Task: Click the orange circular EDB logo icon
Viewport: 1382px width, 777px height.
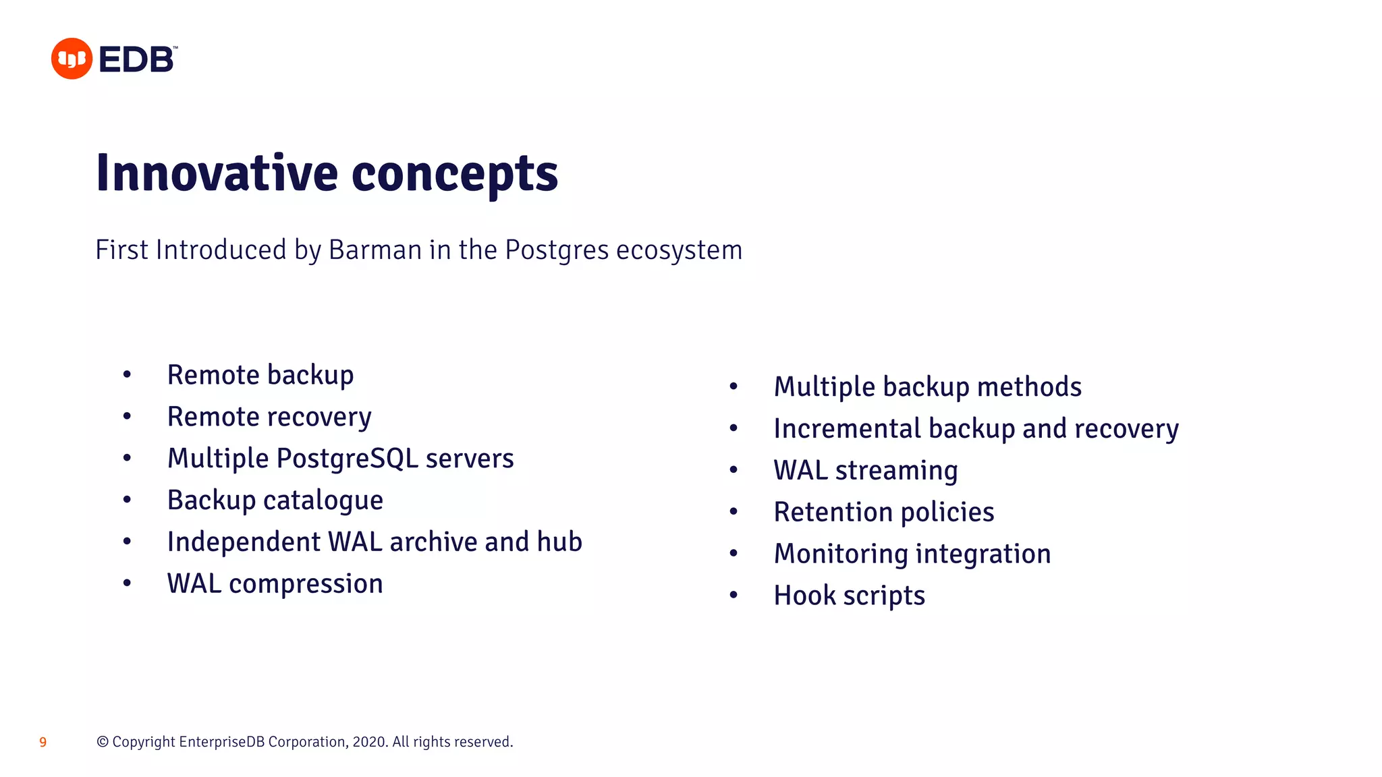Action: click(x=72, y=59)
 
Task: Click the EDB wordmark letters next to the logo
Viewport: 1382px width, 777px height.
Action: click(x=137, y=59)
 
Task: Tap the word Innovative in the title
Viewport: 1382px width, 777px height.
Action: click(x=217, y=173)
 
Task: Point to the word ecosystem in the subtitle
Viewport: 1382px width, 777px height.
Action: click(x=679, y=250)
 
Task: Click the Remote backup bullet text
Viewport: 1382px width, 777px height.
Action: click(x=260, y=375)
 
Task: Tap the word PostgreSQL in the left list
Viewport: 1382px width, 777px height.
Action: click(x=347, y=459)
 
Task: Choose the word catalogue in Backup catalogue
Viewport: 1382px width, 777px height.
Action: click(x=323, y=500)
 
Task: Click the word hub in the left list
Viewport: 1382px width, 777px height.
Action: click(x=559, y=542)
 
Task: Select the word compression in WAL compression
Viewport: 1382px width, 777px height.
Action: click(x=306, y=583)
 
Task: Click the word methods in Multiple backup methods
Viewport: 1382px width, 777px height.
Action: click(x=1029, y=387)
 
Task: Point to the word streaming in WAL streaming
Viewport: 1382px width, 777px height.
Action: click(x=896, y=471)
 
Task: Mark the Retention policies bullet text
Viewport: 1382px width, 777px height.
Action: click(x=884, y=513)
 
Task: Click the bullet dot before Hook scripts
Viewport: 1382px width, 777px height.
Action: click(x=734, y=596)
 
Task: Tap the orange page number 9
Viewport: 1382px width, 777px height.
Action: click(x=43, y=743)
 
